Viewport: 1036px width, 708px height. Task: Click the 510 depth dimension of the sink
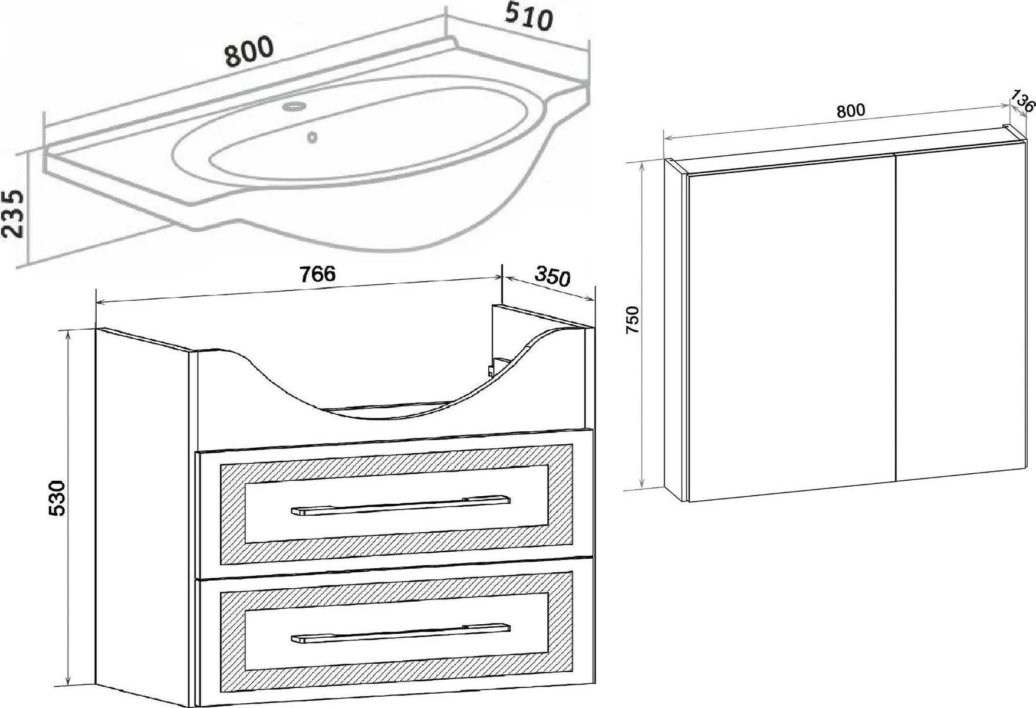[x=528, y=18]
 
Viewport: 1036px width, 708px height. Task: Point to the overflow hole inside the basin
[x=312, y=137]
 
